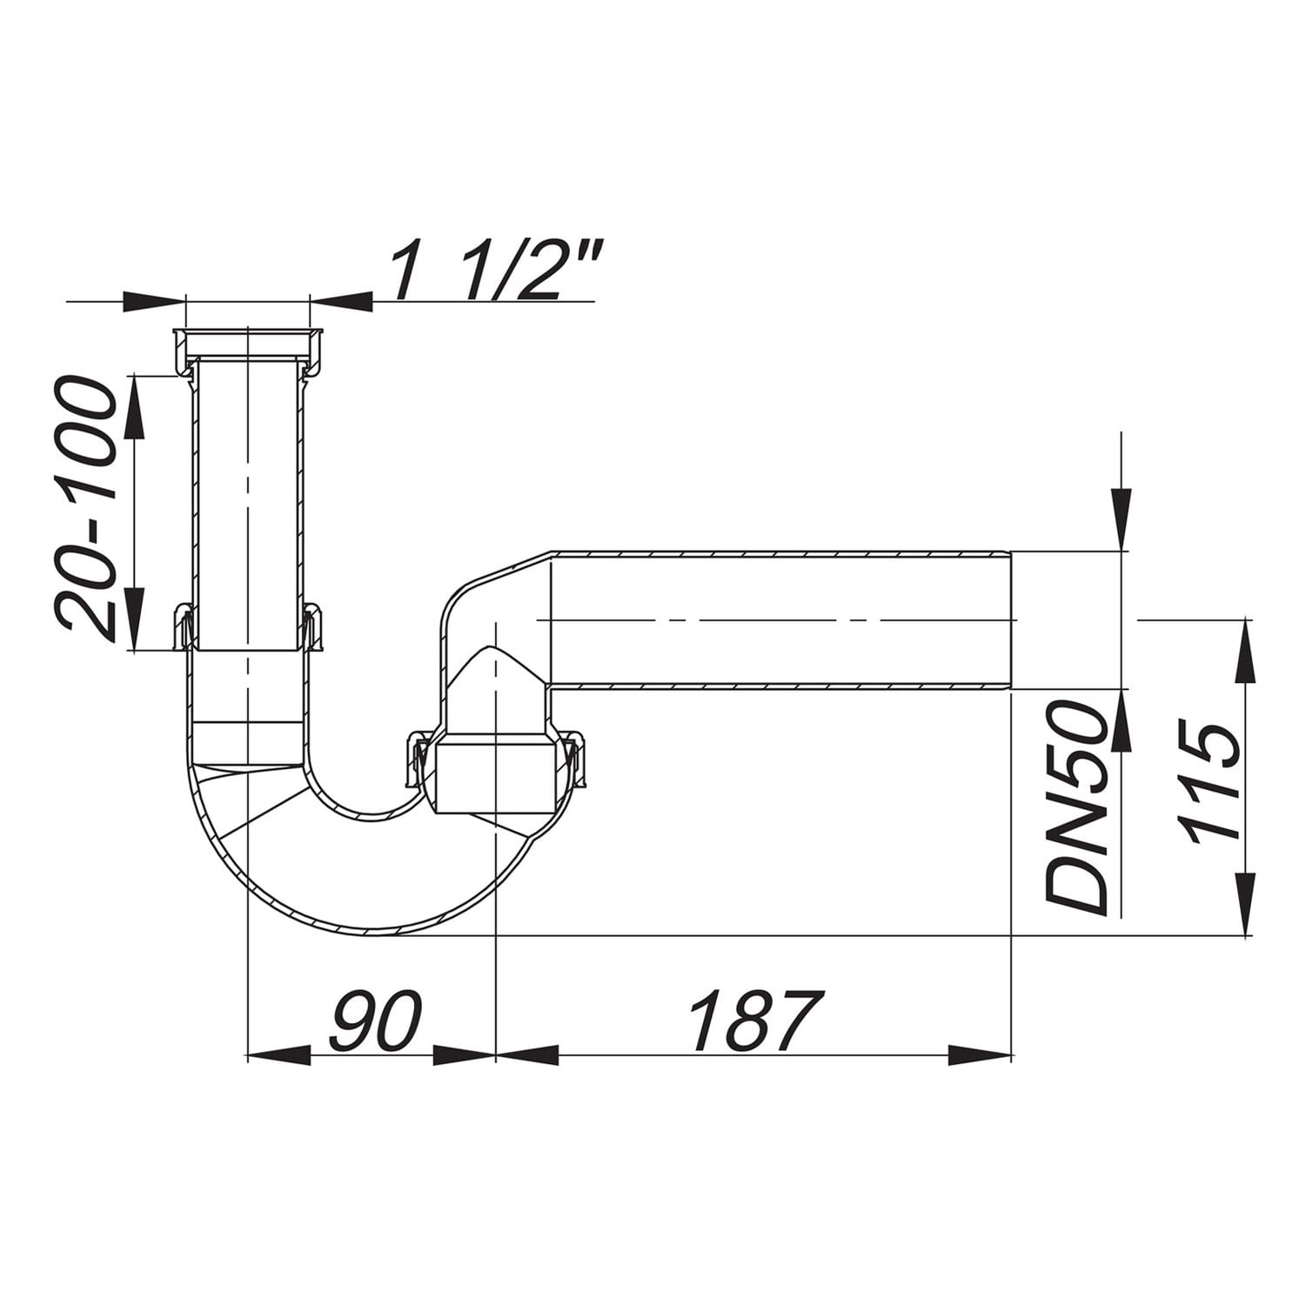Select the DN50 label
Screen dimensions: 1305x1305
(1077, 809)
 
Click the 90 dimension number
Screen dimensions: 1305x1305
(375, 1021)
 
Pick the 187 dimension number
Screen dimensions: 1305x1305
(754, 1021)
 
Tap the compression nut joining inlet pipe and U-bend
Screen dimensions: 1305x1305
(248, 626)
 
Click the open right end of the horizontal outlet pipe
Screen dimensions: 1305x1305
(1010, 619)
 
